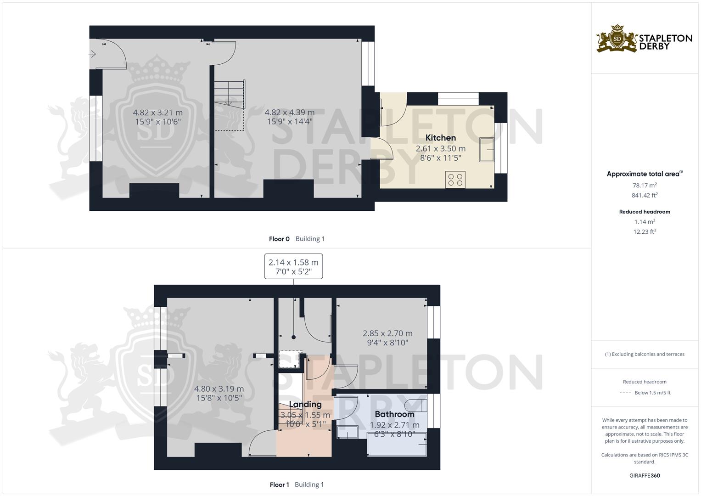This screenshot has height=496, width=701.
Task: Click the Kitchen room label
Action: coord(440,138)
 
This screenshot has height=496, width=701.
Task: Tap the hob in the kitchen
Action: coord(455,179)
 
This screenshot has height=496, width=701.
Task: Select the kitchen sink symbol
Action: coord(487,149)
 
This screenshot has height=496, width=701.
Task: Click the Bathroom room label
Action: coord(394,414)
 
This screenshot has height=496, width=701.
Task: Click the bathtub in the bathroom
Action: coord(397,444)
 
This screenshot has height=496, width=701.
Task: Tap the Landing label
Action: coord(305,405)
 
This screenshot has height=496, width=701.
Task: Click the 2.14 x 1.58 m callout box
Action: coord(293,266)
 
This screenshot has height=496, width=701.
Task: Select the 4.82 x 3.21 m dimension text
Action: coord(157,113)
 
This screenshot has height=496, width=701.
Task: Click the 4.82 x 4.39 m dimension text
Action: coord(290,113)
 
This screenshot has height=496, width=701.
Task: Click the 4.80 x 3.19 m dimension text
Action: coord(219,389)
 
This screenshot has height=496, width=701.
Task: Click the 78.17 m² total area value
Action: coord(645,186)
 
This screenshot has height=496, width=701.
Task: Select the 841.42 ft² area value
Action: coord(645,195)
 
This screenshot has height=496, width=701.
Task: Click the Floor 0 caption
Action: coord(279,239)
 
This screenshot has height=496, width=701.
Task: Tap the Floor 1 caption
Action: coord(279,485)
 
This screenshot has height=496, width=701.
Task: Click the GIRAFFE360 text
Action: coord(645,476)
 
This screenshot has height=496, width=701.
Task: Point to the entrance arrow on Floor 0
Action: coord(92,55)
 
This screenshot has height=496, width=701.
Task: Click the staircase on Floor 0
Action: coord(229,94)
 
